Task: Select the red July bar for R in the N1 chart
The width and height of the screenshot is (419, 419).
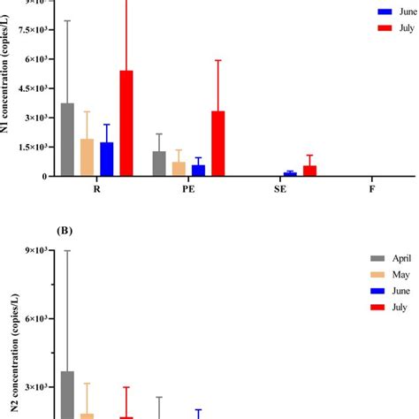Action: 126,124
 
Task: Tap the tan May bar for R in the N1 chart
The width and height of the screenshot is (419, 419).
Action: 87,157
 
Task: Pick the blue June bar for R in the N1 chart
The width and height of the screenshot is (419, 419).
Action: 106,159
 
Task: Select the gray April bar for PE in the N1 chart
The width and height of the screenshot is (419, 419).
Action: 159,164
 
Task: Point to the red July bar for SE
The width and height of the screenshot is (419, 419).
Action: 309,171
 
